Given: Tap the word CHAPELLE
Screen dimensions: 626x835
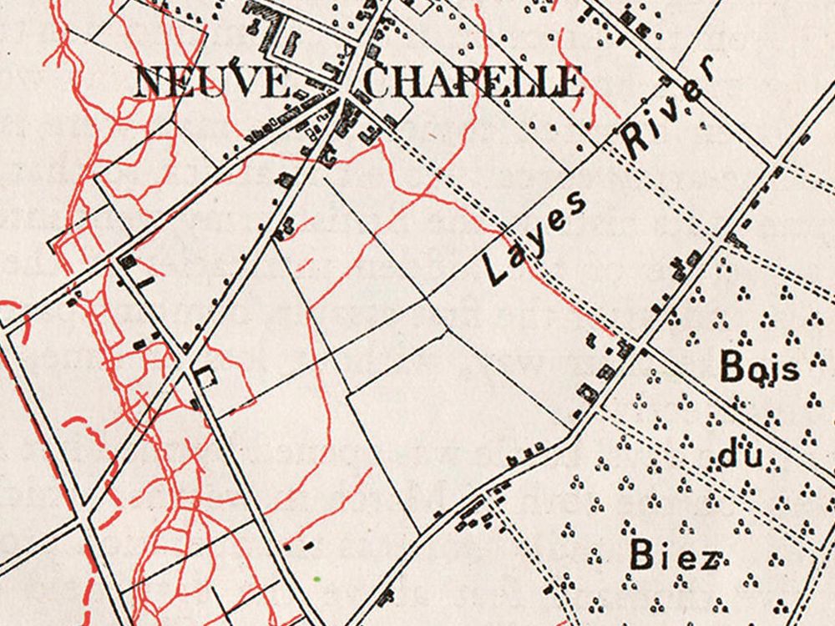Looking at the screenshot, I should pos(473,83).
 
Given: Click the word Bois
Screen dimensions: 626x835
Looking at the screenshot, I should pos(759,367).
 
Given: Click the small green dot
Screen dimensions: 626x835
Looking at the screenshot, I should pos(317,578).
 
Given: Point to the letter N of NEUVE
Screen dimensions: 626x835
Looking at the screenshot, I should pos(151,83).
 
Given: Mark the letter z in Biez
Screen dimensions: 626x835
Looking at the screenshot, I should pos(707,557).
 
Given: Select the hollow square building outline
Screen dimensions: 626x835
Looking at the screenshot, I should pos(204,376).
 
